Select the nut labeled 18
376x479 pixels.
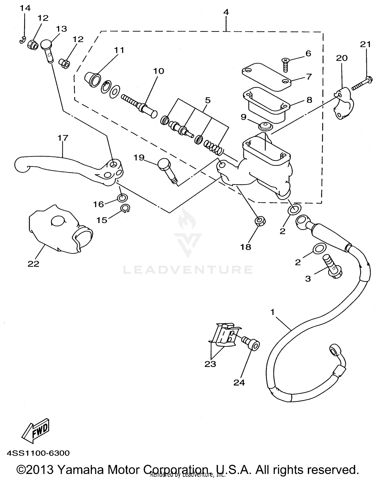(x=260, y=221)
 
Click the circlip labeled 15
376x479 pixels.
(x=125, y=208)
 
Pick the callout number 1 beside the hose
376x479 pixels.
(x=272, y=312)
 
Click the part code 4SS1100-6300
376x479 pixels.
(x=38, y=453)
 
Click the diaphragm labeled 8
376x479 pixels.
(x=266, y=105)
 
